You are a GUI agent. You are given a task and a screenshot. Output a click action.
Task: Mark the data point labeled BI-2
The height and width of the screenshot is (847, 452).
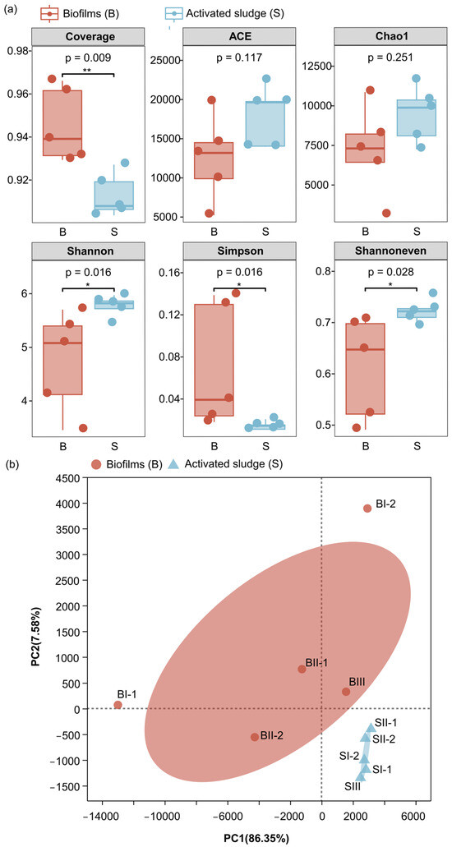(x=367, y=509)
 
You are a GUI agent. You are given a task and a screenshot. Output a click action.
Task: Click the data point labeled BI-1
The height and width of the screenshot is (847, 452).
(x=118, y=705)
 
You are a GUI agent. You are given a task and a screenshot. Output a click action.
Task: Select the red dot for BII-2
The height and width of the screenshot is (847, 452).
(x=255, y=737)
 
